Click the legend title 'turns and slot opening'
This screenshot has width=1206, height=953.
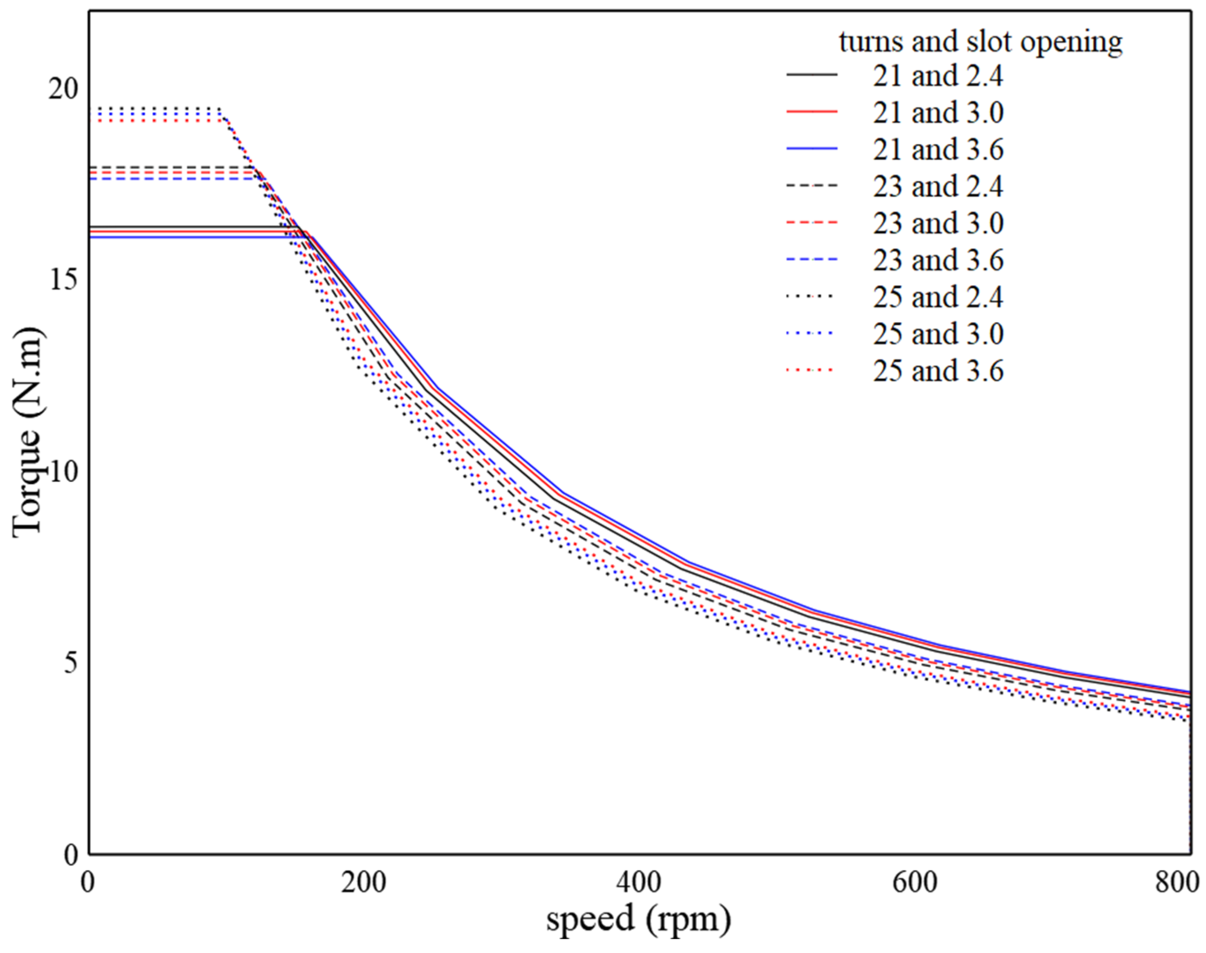point(981,42)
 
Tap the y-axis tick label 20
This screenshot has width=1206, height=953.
point(63,89)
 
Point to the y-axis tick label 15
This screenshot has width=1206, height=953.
point(63,281)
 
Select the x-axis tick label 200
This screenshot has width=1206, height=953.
point(364,883)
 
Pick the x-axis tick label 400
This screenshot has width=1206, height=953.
point(639,883)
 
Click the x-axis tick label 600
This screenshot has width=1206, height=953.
point(915,883)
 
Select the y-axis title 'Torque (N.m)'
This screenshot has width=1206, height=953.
point(27,433)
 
